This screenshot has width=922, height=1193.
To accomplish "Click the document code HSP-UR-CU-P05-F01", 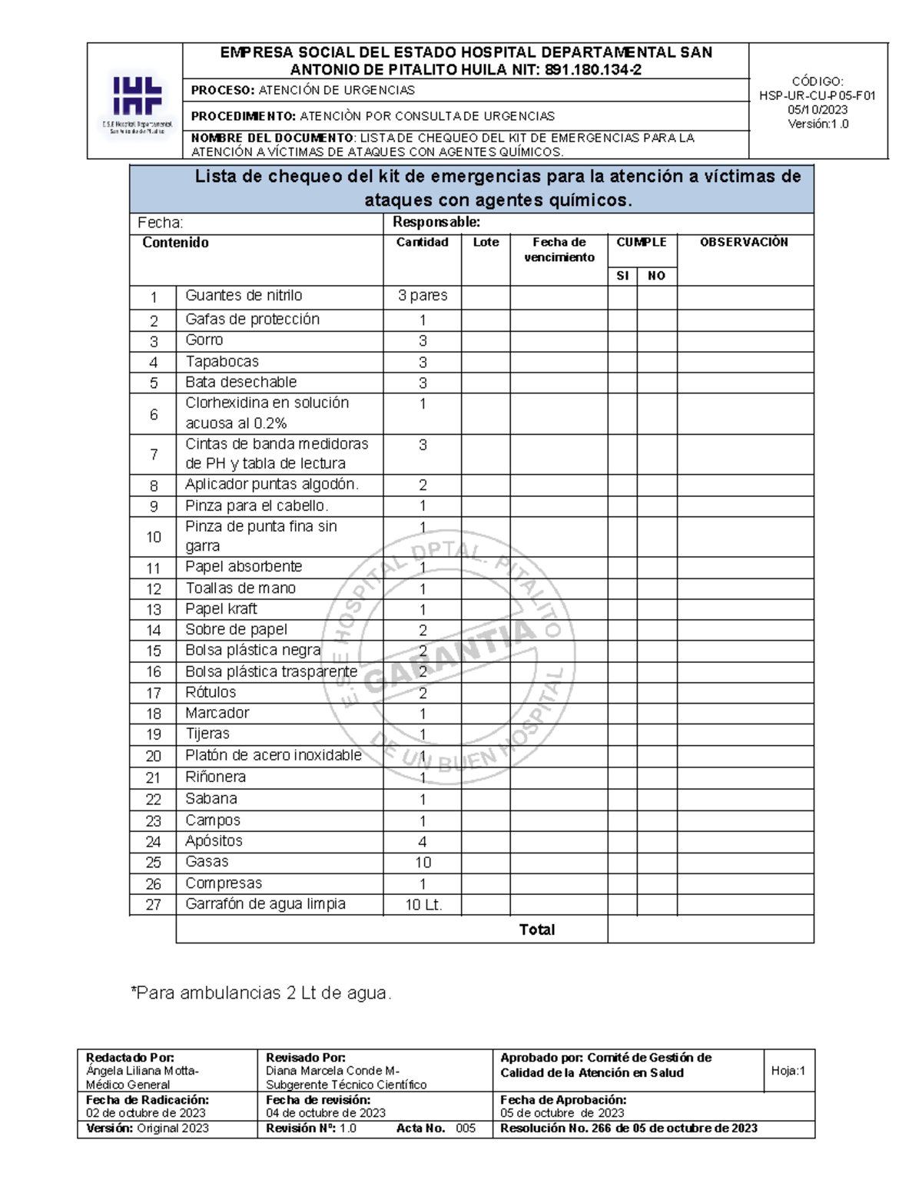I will pos(818,96).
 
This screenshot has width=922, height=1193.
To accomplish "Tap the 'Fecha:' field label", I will pos(160,223).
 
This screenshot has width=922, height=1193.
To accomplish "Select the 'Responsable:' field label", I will pos(436,223).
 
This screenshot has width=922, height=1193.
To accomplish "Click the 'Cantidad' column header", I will pos(422,243).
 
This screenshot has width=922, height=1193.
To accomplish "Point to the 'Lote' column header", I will pos(486,243).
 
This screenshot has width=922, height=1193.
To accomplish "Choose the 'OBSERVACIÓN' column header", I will pos(744,243).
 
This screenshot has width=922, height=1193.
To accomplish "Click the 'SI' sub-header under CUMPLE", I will pos(622,276).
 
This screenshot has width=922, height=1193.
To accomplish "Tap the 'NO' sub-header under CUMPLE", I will pos(656,276).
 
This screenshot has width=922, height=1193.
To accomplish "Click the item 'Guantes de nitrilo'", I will pos(244,296).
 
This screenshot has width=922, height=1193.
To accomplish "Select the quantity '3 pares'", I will pos(423,296).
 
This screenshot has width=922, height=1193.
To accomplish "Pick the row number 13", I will pos(154,610).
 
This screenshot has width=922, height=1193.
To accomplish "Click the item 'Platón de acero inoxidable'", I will pos(273,755).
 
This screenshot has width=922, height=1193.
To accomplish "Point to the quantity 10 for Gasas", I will pos(423,863).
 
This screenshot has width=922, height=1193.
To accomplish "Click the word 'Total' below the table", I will pos(536,930).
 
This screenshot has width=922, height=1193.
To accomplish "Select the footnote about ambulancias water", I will pos(261,993).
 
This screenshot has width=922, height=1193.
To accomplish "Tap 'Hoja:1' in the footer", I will pos(788,1071).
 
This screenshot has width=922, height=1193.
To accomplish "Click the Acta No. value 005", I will pos(466,1128).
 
